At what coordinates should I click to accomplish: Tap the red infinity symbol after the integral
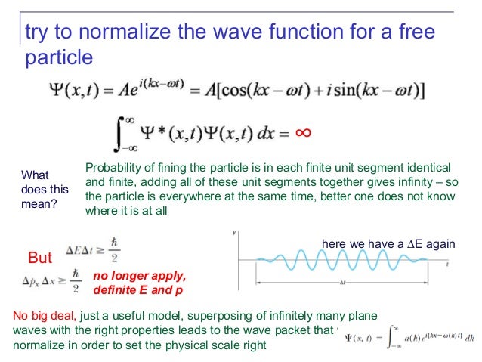point(302,133)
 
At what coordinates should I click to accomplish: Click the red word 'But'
point(40,258)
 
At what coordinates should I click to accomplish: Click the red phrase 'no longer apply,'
point(139,274)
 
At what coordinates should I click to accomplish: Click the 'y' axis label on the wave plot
point(234,229)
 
